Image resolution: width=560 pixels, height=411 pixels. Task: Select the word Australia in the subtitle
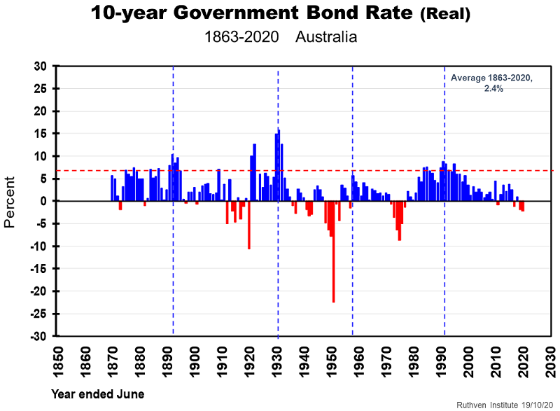tap(325, 37)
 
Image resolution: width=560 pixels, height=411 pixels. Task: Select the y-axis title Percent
tap(10, 202)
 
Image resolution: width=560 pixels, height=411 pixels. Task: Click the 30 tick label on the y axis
tap(40, 67)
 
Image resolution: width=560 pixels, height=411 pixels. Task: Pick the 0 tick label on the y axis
tap(43, 202)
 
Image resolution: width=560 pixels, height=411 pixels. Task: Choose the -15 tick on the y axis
tap(38, 269)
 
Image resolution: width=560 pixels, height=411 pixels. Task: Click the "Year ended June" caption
tap(97, 394)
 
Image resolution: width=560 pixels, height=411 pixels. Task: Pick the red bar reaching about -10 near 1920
tap(248, 225)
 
